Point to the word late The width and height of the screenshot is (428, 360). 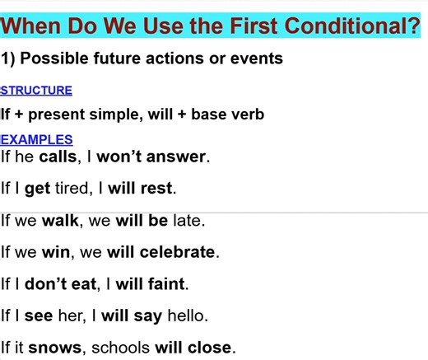tap(189, 221)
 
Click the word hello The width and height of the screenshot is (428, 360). tap(187, 316)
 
